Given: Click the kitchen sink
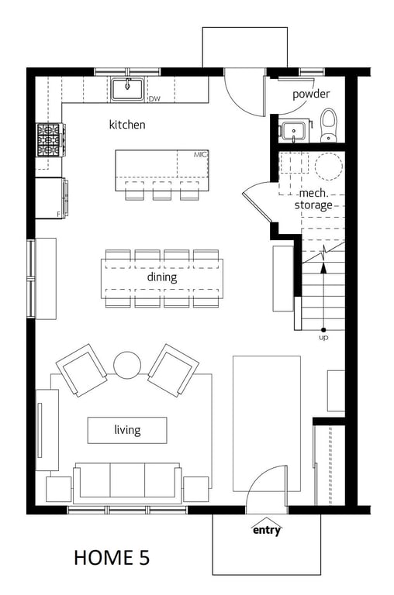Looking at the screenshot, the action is [x=127, y=90].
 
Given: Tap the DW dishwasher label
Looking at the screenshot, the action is [x=154, y=99].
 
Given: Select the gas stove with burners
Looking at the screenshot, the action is [x=50, y=139].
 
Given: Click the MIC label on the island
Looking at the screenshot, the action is [x=200, y=154].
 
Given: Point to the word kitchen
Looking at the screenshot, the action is [x=127, y=125].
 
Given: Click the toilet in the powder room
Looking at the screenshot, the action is [x=329, y=125].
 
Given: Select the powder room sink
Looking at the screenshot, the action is [x=294, y=132].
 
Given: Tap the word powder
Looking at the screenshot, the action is [x=311, y=94].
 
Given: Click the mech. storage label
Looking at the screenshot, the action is [x=313, y=199].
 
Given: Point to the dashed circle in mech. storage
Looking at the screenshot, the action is [x=329, y=167].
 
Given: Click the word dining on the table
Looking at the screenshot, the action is [x=162, y=277].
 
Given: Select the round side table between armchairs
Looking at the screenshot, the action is [x=127, y=365].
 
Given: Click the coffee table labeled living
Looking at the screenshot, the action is [x=127, y=430].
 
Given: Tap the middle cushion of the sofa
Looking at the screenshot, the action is [x=127, y=480].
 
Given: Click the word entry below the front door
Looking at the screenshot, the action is [x=267, y=530].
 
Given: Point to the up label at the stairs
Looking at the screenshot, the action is [x=323, y=337].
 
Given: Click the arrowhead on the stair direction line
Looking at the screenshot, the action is [x=323, y=268].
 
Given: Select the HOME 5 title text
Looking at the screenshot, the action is [x=112, y=558].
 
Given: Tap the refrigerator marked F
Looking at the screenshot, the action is [x=52, y=198].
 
